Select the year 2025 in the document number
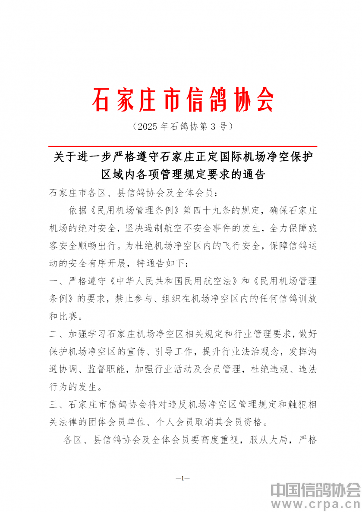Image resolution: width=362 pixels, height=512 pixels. [145, 126]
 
